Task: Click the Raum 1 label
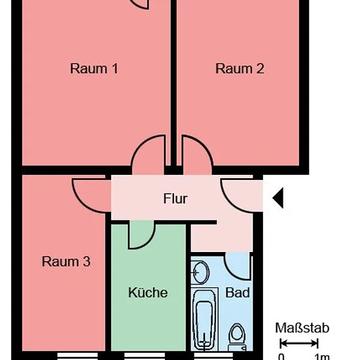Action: [x=94, y=69]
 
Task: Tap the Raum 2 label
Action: [x=240, y=69]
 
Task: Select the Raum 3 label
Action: [x=66, y=262]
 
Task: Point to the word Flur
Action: [x=175, y=198]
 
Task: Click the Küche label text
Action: [x=148, y=293]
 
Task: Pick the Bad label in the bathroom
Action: [x=238, y=293]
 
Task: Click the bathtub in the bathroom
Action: [x=205, y=319]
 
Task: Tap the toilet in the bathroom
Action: [x=237, y=337]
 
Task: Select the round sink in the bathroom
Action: [x=200, y=272]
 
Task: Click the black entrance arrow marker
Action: [x=278, y=198]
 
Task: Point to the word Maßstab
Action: [x=302, y=328]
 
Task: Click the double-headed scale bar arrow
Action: [x=299, y=344]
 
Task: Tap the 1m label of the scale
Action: [x=322, y=357]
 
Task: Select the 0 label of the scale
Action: [x=281, y=357]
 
